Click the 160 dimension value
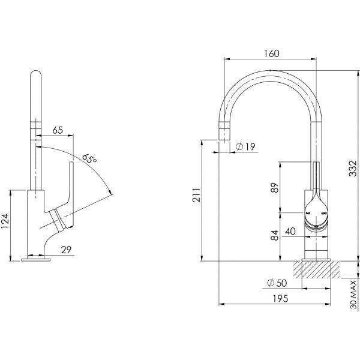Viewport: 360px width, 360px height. (272, 53)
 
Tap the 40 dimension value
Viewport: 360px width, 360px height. (290, 231)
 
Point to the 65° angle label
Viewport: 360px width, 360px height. (91, 160)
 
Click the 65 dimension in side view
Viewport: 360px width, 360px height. (59, 130)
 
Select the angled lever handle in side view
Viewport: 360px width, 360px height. (68, 198)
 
